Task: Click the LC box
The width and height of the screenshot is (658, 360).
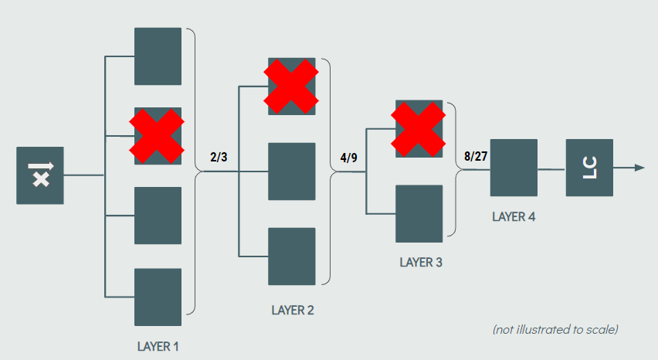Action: (x=589, y=168)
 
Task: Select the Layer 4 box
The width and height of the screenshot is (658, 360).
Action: (x=514, y=168)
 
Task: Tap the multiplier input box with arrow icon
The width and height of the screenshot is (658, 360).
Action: (x=40, y=175)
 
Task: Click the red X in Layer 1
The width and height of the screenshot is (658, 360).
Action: (x=157, y=136)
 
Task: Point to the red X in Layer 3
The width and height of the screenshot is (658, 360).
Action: (x=419, y=128)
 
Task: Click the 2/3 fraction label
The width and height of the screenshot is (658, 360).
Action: (x=219, y=158)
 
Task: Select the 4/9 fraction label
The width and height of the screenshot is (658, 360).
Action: (x=348, y=158)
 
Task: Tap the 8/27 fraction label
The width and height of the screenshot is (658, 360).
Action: (x=476, y=156)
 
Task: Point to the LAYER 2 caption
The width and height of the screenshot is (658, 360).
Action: (x=293, y=311)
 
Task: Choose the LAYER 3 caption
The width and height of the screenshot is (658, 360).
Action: (x=421, y=262)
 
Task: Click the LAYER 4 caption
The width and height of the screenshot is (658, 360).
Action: (x=514, y=216)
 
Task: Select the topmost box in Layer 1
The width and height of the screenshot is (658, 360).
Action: (x=158, y=56)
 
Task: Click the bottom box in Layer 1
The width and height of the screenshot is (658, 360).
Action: (x=158, y=297)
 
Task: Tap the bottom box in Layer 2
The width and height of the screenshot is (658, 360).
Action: (x=291, y=256)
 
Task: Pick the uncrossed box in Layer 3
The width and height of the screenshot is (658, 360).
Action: (x=419, y=213)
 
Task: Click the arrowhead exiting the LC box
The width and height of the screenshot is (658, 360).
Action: (x=639, y=168)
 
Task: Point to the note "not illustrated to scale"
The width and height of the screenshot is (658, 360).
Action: (x=555, y=330)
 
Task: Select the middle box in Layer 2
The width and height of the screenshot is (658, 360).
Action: (x=291, y=171)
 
